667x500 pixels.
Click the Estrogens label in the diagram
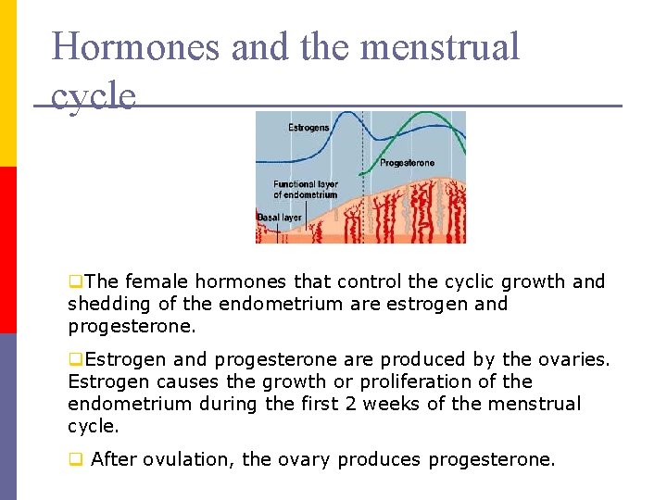tap(308, 128)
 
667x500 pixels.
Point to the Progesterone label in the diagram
tap(407, 163)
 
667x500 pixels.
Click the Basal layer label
tap(279, 218)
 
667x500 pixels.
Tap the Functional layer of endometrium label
tap(306, 189)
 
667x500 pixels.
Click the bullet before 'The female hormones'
tap(74, 281)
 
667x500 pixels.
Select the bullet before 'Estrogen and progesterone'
tap(74, 359)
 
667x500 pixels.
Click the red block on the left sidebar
tap(7, 249)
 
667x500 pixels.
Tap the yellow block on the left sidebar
tap(7, 83)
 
